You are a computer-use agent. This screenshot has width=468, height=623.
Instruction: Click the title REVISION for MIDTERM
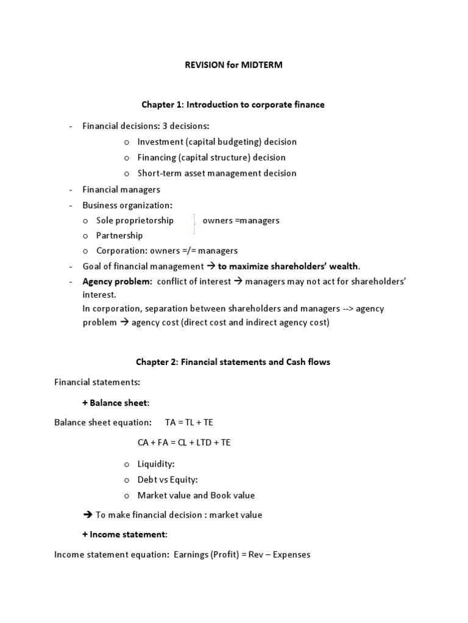point(234,65)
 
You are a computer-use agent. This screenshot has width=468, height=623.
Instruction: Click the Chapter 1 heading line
point(233,105)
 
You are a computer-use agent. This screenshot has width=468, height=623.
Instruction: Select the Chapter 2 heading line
point(233,362)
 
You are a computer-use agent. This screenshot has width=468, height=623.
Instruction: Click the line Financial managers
point(121,189)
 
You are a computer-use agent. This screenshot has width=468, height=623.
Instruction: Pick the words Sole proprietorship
point(135,220)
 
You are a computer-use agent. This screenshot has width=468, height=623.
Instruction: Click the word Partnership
point(119,235)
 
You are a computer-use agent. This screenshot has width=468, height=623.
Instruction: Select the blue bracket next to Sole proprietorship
point(194,224)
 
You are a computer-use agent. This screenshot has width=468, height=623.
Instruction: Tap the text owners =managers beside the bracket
point(241,220)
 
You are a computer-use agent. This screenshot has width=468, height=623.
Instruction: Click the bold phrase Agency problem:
point(118,282)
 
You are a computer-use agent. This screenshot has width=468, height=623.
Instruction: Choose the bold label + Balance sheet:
point(116,403)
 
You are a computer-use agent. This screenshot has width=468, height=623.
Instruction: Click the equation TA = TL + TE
point(189,422)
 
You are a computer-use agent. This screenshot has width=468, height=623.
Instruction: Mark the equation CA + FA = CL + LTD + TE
point(184,443)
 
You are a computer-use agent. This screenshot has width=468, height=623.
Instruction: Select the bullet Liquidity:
point(156,464)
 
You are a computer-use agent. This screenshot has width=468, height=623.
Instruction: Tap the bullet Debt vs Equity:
point(168,479)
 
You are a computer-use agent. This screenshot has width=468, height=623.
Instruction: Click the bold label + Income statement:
point(124,535)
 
